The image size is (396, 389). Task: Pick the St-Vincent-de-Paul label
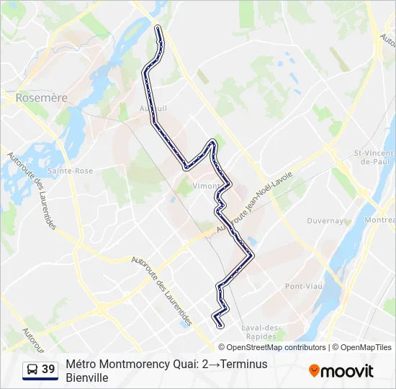coord(374,157)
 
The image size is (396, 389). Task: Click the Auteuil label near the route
coord(153,109)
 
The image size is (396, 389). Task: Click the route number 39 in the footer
coord(48,370)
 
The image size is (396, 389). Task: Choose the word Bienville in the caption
coord(86,377)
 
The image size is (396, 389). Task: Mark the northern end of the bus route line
coord(158,27)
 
